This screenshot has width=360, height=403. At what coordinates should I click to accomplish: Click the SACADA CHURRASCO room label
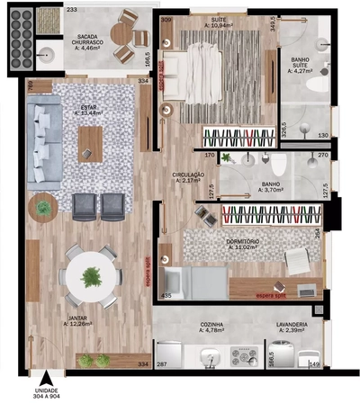pyautogui.click(x=94, y=41)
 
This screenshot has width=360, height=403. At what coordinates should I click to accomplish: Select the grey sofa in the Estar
pyautogui.click(x=38, y=134)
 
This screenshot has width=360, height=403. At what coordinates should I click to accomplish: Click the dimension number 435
pyautogui.click(x=166, y=295)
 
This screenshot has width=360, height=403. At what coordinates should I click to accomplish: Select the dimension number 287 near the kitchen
pyautogui.click(x=162, y=364)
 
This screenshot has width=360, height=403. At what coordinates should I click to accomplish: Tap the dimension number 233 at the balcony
pyautogui.click(x=71, y=9)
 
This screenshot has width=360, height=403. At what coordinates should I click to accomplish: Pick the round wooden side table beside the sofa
pyautogui.click(x=44, y=207)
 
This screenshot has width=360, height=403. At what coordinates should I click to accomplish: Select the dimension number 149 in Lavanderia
pyautogui.click(x=314, y=364)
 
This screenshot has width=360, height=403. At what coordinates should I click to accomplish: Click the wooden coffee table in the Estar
pyautogui.click(x=92, y=143)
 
